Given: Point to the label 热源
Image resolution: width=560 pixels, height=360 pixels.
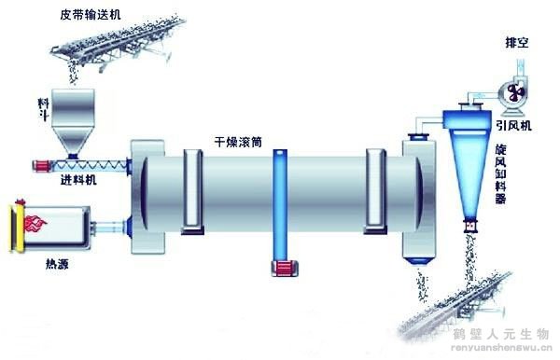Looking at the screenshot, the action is coord(56,264).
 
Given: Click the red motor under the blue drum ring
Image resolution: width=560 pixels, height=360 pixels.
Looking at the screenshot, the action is coord(281,270).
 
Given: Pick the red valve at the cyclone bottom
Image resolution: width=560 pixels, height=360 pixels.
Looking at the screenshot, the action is coord(471,226).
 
